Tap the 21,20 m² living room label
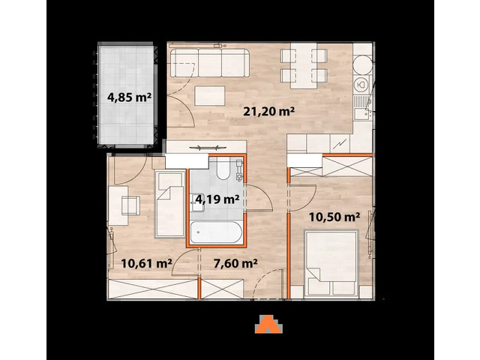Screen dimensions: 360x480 tap(268, 112)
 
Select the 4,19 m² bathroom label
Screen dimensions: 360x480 tap(217, 199)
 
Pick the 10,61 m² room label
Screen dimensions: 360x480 tap(146, 262)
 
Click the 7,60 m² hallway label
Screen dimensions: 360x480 tap(235, 262)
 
